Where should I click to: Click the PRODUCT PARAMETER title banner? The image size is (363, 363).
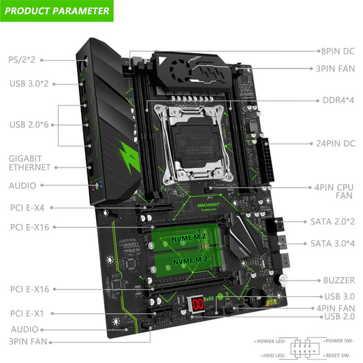57,11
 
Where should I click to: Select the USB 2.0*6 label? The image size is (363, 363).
29,124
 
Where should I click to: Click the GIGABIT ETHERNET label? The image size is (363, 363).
29,162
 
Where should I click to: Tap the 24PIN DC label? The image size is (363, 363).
335,143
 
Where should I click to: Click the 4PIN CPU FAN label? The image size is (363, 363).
333,190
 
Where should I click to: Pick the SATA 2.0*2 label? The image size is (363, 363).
332,222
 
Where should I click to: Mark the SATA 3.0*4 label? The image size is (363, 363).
332,243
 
